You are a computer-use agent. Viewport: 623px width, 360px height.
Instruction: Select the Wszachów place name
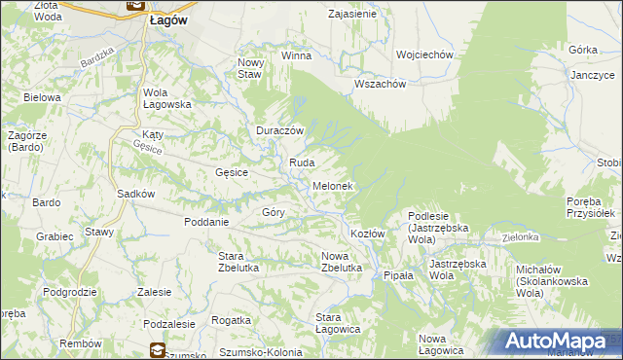point(380,84)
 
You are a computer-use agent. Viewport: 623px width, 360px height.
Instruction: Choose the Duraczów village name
point(280,130)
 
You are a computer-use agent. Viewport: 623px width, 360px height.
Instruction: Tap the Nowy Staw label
point(250,67)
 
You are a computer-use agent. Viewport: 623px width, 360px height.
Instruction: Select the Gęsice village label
point(232,172)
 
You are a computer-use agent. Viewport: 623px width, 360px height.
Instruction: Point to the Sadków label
point(136,194)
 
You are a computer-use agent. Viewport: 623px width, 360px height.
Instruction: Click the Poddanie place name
point(205,221)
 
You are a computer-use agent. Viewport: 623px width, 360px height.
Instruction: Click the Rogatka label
point(231,320)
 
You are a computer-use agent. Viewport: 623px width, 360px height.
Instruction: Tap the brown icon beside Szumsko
point(158,349)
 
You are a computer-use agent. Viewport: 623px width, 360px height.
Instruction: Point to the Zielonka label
point(521,236)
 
